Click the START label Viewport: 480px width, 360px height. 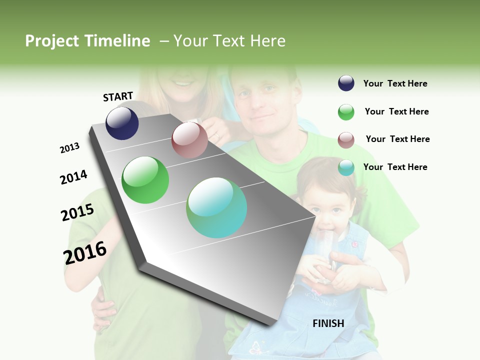pyautogui.click(x=118, y=96)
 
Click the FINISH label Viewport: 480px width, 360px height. pyautogui.click(x=328, y=323)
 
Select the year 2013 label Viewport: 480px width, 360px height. pyautogui.click(x=69, y=148)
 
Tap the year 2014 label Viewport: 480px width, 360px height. pyautogui.click(x=73, y=177)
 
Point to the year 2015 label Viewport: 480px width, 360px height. pyautogui.click(x=77, y=212)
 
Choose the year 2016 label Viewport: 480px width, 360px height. pyautogui.click(x=85, y=252)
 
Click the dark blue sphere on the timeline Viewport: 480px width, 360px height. pyautogui.click(x=122, y=123)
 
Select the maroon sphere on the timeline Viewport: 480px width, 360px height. pyautogui.click(x=189, y=140)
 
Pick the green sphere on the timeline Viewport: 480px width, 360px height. pyautogui.click(x=145, y=180)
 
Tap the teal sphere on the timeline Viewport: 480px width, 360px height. pyautogui.click(x=216, y=207)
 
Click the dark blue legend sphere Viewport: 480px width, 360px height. pyautogui.click(x=346, y=83)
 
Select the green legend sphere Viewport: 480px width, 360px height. pyautogui.click(x=346, y=112)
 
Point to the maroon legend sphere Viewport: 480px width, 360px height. pyautogui.click(x=346, y=140)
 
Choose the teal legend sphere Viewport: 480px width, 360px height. pyautogui.click(x=346, y=167)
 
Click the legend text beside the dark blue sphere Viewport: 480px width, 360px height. pyautogui.click(x=395, y=83)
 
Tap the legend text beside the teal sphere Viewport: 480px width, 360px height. pyautogui.click(x=395, y=167)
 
